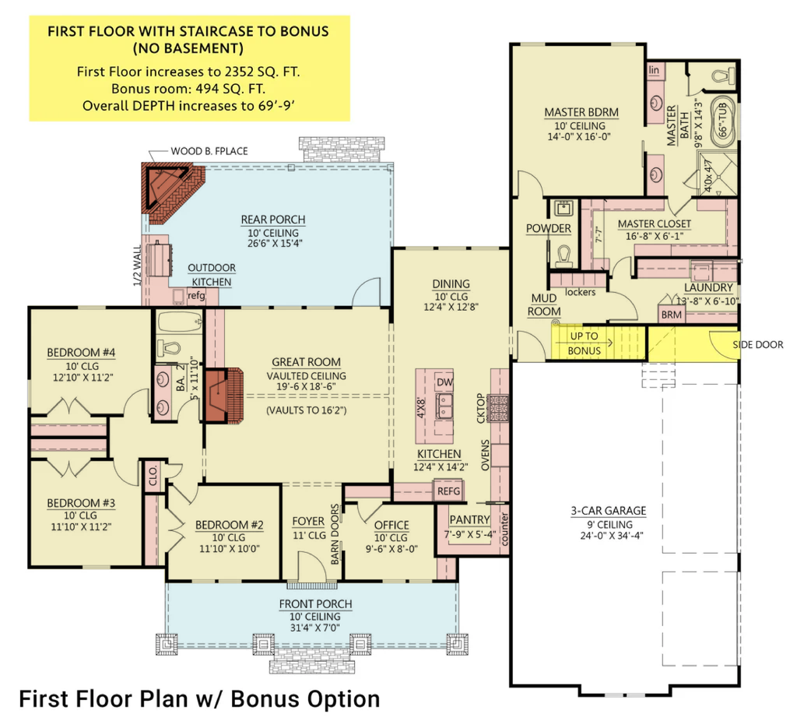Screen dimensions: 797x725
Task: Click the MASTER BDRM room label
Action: (x=581, y=112)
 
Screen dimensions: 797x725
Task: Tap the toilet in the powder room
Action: (x=564, y=255)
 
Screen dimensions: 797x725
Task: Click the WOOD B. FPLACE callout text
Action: (x=209, y=151)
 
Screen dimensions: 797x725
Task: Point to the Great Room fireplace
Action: (x=223, y=395)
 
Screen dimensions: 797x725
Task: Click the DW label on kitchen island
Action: (x=444, y=382)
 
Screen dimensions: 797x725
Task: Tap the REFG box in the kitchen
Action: (x=448, y=491)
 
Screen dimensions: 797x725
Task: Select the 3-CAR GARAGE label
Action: (x=609, y=510)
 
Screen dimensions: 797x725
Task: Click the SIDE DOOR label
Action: (x=758, y=345)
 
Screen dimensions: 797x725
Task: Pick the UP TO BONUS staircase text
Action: (x=584, y=343)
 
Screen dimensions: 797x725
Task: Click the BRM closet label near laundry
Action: (x=672, y=315)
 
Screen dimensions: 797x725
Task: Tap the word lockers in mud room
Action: (x=580, y=292)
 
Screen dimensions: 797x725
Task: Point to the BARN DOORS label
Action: (x=335, y=534)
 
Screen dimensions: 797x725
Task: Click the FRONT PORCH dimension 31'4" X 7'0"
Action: (x=315, y=628)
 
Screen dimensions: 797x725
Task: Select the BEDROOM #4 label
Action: (x=81, y=352)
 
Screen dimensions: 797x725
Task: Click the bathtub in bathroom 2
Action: (x=180, y=322)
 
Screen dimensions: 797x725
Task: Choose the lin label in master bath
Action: (x=654, y=69)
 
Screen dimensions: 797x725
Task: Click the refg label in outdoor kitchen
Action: (x=196, y=295)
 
